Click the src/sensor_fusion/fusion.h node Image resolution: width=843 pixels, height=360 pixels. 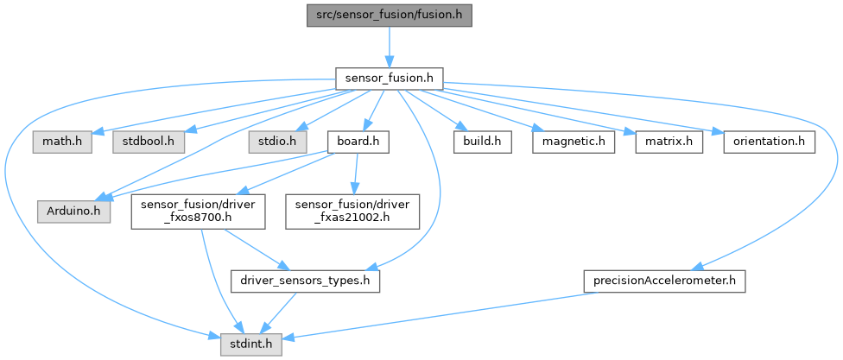(x=389, y=16)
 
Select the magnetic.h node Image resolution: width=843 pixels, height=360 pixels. (x=572, y=140)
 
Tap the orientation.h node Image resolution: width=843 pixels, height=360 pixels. (x=768, y=140)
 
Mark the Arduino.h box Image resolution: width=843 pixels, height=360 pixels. (x=73, y=211)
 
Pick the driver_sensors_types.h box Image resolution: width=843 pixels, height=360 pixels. (x=306, y=281)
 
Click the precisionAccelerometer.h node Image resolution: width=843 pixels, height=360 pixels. (x=663, y=281)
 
